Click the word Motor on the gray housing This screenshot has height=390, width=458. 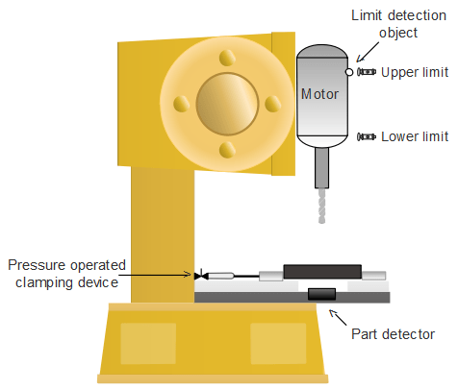(319, 94)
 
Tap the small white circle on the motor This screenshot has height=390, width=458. (349, 72)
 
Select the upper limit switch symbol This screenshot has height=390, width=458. (367, 72)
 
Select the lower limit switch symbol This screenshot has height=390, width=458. (367, 136)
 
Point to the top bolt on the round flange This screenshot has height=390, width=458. (227, 58)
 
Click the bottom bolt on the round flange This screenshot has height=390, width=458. (227, 150)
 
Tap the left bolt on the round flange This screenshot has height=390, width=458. (181, 104)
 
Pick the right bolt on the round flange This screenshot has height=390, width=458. (272, 104)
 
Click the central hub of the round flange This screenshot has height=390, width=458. (227, 104)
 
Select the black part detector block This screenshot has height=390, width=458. (321, 294)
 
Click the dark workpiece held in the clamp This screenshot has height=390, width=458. (322, 272)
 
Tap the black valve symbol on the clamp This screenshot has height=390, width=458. (201, 276)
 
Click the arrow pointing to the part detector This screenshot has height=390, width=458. (338, 317)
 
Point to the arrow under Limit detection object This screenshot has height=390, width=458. (368, 52)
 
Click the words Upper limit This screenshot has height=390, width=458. (415, 73)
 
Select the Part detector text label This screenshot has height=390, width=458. (393, 334)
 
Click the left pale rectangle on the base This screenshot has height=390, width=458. (148, 343)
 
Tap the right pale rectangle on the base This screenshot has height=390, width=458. (278, 343)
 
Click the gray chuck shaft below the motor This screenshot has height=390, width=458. (321, 167)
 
